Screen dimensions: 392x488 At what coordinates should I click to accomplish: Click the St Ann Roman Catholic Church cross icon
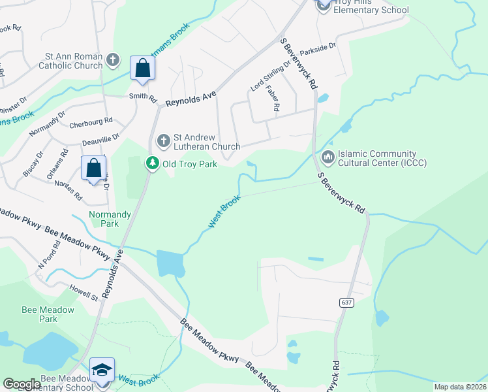[x=113, y=60]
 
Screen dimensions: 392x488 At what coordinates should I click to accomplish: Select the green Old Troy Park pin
[x=152, y=163]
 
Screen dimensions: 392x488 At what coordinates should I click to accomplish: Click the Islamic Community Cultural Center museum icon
[x=327, y=157]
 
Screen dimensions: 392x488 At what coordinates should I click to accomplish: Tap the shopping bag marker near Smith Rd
[x=142, y=68]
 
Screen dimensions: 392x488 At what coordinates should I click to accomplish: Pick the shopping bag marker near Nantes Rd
[x=94, y=168]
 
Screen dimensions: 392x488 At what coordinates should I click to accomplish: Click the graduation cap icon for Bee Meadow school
[x=102, y=370]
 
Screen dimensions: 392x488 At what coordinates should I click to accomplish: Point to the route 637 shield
[x=346, y=302]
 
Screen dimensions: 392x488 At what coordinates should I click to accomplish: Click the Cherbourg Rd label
[x=91, y=121]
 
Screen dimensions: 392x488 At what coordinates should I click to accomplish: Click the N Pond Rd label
[x=49, y=254]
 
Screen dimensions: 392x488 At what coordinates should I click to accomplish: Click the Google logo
[x=22, y=384]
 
